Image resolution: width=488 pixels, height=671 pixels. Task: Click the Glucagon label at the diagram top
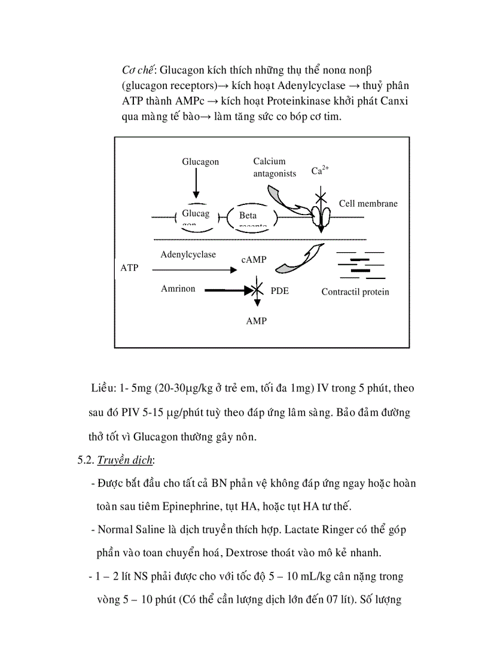(200, 162)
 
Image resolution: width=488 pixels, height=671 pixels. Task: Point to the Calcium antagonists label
(274, 167)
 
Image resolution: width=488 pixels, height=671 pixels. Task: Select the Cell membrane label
(368, 204)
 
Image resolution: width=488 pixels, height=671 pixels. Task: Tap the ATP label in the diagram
(129, 268)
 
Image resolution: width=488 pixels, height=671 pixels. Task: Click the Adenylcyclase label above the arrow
(188, 255)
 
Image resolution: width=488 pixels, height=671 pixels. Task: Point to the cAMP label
(254, 260)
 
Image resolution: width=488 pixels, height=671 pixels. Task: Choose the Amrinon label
(178, 289)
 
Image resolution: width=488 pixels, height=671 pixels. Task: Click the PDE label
(279, 292)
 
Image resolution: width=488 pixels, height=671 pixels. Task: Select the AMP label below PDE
(256, 321)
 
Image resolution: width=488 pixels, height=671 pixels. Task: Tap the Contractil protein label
(355, 292)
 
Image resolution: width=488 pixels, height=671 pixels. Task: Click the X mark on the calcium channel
(321, 195)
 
